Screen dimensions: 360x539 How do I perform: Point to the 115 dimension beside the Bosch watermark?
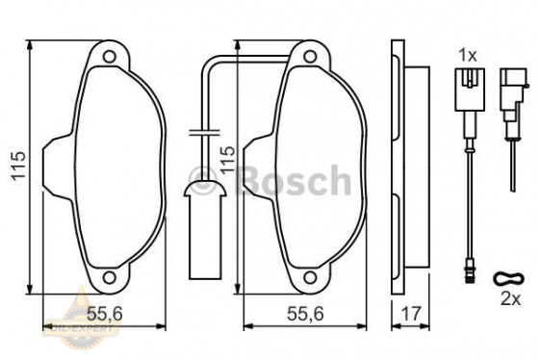click(228, 160)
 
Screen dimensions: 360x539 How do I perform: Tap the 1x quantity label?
click(468, 54)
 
